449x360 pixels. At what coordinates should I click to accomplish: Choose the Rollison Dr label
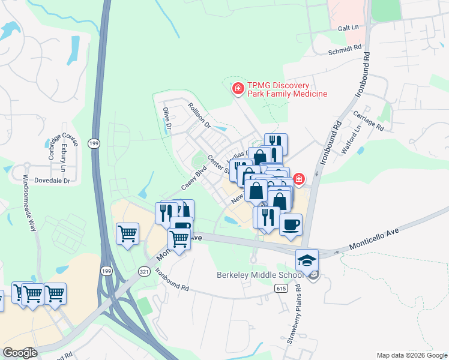[x=199, y=116]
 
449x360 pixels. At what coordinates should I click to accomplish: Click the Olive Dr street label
[x=167, y=119]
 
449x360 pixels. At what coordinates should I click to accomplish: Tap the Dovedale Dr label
[x=52, y=180]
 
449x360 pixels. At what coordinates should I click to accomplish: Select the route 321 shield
[x=145, y=271]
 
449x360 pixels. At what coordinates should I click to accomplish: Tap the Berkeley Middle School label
[x=259, y=275]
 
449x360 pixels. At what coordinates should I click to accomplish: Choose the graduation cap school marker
[x=306, y=261]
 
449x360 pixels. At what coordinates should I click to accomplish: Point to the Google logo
[x=20, y=353]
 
